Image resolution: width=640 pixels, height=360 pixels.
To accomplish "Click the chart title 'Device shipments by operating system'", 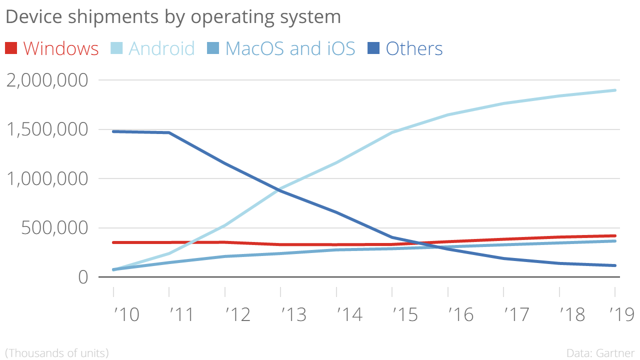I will click(x=173, y=17).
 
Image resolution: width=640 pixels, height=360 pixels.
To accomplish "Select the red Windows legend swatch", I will click(x=11, y=48).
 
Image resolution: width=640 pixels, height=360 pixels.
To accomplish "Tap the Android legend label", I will click(x=161, y=48).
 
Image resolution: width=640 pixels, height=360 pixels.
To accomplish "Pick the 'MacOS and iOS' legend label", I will click(x=290, y=48).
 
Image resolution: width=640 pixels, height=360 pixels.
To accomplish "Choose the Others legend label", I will click(x=414, y=48).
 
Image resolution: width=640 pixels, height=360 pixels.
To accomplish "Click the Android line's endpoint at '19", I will click(x=614, y=90).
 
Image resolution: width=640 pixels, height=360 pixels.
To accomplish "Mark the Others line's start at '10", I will click(x=114, y=131).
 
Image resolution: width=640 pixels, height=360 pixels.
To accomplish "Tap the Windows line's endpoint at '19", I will click(x=614, y=235).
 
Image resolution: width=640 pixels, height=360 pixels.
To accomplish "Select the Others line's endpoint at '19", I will click(x=614, y=265).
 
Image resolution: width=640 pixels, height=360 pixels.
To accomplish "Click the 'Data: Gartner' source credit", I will click(x=600, y=353).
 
